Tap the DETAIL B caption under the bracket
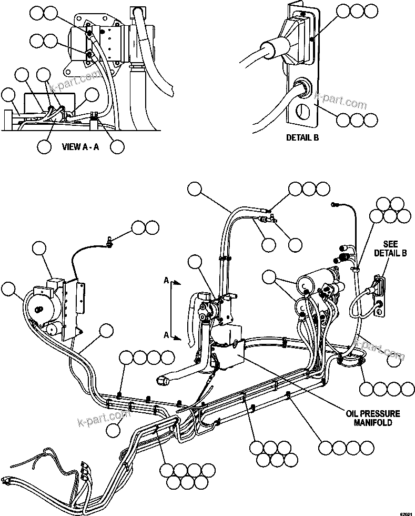click(x=301, y=138)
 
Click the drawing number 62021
click(x=406, y=512)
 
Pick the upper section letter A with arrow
click(x=167, y=282)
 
